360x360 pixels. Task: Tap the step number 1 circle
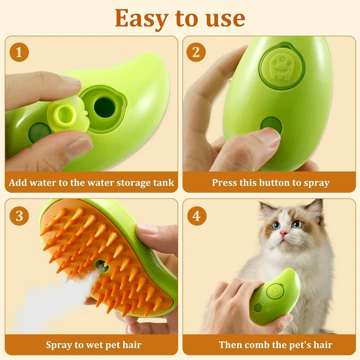pos(19,52)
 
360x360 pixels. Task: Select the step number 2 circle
pos(196,52)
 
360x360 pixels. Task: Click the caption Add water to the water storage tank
pos(91,182)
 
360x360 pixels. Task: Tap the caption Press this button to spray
pos(270,182)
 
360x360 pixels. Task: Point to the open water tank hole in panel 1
pos(104,107)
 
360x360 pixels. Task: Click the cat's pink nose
pos(283,233)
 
